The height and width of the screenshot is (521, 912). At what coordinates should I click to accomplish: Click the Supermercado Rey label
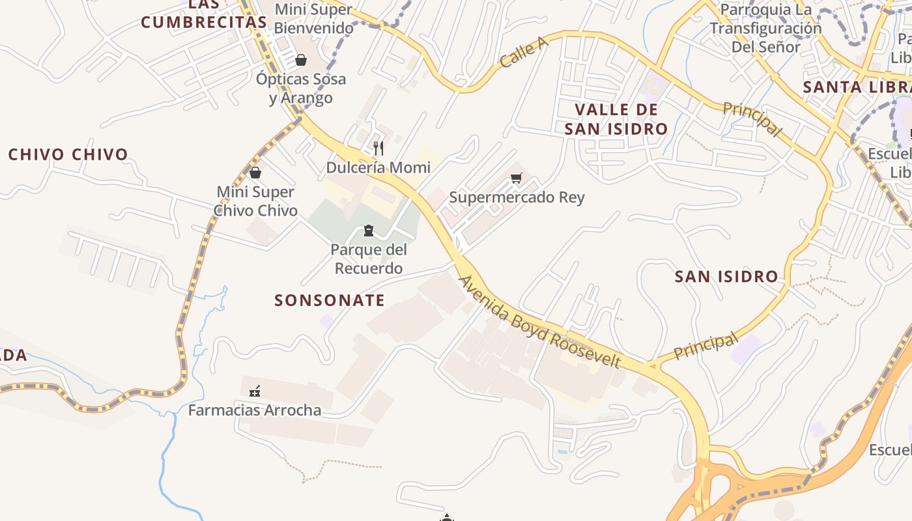click(x=517, y=197)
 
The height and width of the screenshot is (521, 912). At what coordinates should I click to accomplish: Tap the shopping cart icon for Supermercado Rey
click(x=517, y=178)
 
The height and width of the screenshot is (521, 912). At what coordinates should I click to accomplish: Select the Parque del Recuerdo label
click(x=368, y=259)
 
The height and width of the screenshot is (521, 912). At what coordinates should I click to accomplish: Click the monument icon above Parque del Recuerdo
click(x=369, y=231)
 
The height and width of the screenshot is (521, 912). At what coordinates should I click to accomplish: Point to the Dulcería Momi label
click(x=378, y=167)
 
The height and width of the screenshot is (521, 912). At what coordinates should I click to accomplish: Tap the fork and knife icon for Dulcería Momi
click(x=378, y=148)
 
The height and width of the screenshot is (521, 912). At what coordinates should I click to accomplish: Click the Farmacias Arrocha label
click(x=255, y=410)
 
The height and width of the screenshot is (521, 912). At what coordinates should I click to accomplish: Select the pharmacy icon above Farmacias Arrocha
click(x=255, y=391)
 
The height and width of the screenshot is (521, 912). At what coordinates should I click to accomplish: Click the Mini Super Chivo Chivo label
click(x=255, y=201)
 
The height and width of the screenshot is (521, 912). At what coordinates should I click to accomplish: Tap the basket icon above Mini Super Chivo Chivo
click(x=255, y=173)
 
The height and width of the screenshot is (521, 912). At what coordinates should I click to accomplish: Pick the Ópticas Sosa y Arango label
click(x=301, y=89)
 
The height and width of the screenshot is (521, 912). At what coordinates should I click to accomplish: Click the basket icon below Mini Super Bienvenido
click(x=301, y=60)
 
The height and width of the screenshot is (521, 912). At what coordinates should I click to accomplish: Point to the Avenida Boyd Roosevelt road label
click(x=540, y=321)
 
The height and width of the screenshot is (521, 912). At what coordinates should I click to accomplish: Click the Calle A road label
click(x=524, y=52)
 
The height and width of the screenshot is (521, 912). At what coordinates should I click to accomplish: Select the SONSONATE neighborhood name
click(x=330, y=300)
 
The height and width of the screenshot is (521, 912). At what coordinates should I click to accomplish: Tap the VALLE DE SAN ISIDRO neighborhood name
click(x=616, y=119)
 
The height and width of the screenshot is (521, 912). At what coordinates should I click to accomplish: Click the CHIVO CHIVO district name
click(x=68, y=154)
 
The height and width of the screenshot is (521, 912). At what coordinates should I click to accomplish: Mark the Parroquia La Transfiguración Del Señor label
click(x=765, y=28)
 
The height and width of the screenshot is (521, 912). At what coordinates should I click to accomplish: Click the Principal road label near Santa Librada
click(x=752, y=119)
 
